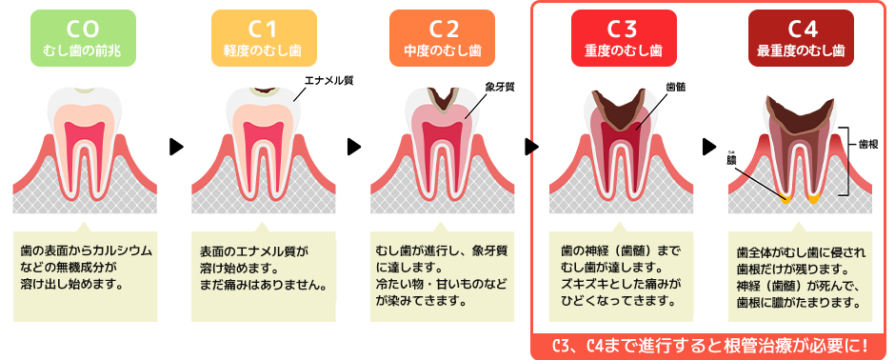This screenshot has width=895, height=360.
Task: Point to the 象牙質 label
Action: point(500,86)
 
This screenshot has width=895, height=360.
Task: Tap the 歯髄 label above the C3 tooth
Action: point(676,86)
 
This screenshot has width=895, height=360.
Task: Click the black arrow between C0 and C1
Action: point(175,147)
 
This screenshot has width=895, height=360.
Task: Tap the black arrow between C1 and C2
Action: point(354,147)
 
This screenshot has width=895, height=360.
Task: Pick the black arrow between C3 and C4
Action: point(709,147)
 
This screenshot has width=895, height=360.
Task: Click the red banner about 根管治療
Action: point(709,343)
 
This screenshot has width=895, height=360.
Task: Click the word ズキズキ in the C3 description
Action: point(587,285)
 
